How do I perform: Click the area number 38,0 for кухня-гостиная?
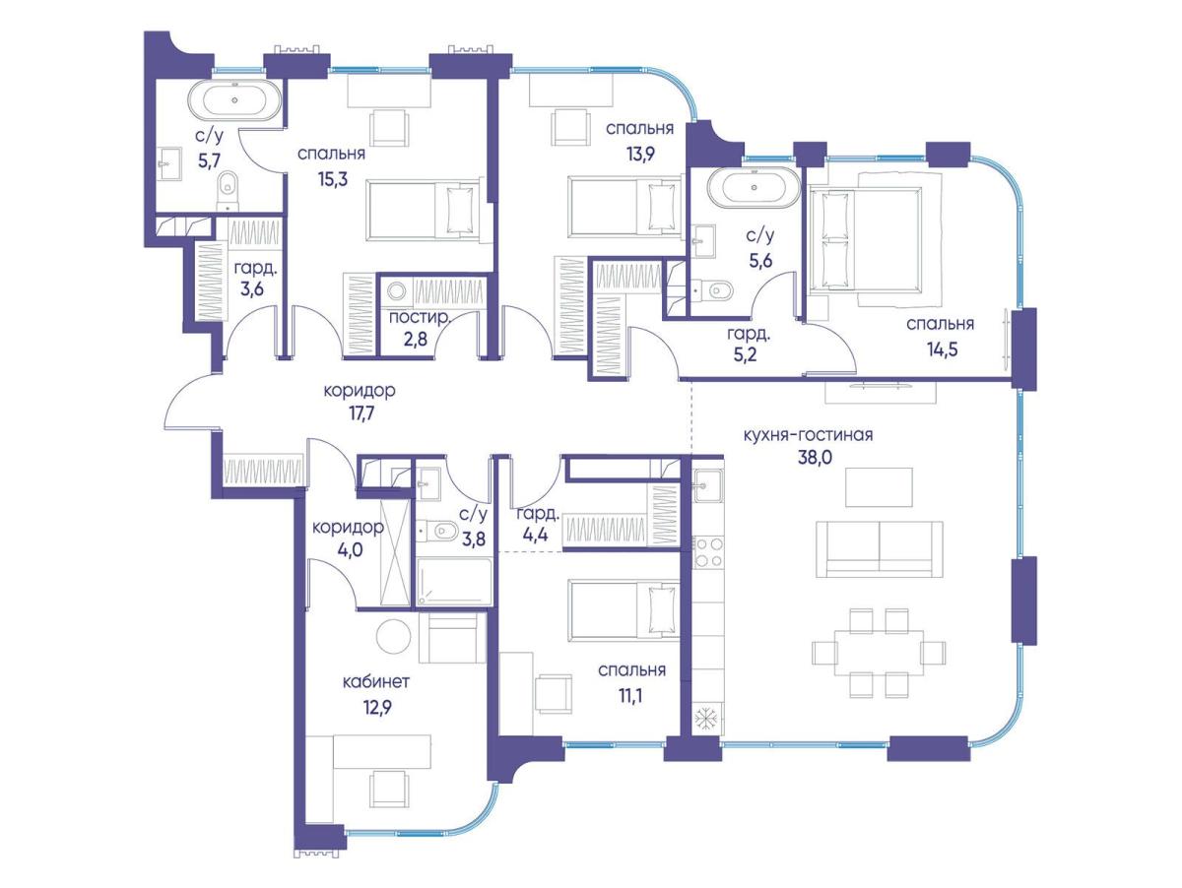(816, 457)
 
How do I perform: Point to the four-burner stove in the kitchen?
(707, 552)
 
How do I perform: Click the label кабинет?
(376, 682)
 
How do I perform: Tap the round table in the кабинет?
(393, 637)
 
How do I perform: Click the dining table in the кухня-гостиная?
(879, 653)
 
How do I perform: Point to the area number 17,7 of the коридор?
(361, 413)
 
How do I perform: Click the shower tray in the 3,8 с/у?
(453, 582)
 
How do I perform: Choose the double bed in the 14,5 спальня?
(865, 239)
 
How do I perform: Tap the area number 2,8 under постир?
(415, 340)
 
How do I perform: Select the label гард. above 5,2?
(749, 335)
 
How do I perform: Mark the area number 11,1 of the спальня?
(630, 697)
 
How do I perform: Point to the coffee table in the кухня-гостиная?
(879, 487)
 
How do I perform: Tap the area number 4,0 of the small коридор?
(350, 550)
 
